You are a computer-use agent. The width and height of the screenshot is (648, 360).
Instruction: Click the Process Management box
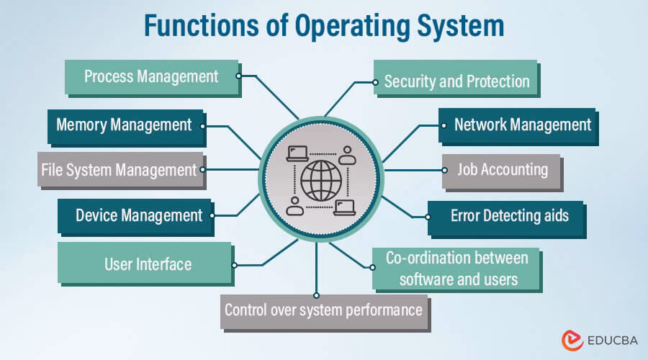[x=151, y=76]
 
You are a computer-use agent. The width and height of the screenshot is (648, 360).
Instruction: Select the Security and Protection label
[x=456, y=81]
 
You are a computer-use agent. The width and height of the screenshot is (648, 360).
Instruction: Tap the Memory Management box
[x=124, y=125]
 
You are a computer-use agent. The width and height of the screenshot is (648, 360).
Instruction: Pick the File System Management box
[x=119, y=170]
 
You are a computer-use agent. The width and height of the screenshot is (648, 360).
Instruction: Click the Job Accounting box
[x=502, y=170]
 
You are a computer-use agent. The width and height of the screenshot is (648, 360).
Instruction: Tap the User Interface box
[x=148, y=264]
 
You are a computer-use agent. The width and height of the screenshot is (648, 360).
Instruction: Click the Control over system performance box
[x=323, y=310]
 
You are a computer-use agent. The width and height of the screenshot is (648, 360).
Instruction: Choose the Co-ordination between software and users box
[x=457, y=269]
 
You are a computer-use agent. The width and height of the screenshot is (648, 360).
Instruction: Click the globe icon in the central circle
[x=321, y=180]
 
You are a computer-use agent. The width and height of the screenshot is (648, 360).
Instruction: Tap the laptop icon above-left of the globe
[x=297, y=153]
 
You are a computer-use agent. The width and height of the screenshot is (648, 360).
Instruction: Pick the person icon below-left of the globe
[x=294, y=207]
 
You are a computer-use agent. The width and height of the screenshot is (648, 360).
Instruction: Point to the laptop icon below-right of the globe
[x=345, y=207]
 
